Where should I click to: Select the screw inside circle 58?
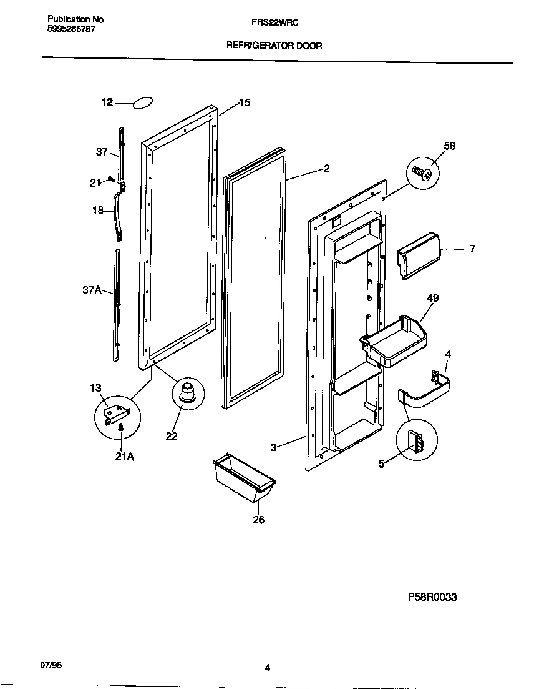[x=422, y=172]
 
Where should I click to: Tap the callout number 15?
[x=245, y=102]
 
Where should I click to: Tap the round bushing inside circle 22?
[x=188, y=395]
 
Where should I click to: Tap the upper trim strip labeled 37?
[x=121, y=150]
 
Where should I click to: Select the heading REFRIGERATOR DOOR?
[x=274, y=46]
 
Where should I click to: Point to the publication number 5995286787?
[x=72, y=30]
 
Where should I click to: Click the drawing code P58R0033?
[x=432, y=597]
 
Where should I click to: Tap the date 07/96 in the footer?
[x=54, y=665]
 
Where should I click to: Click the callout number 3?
[x=273, y=447]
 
